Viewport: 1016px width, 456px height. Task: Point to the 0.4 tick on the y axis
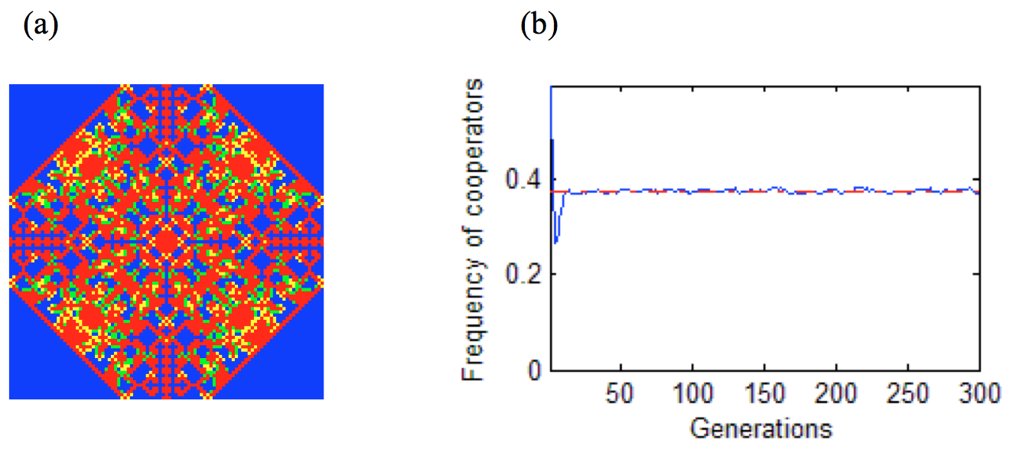pyautogui.click(x=523, y=181)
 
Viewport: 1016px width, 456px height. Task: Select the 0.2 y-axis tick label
pyautogui.click(x=523, y=275)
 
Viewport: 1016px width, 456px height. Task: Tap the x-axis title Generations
pyautogui.click(x=760, y=428)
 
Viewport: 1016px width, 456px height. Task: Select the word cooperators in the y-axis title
pyautogui.click(x=474, y=152)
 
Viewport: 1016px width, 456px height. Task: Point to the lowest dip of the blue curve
pyautogui.click(x=555, y=243)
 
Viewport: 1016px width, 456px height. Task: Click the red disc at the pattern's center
pyautogui.click(x=166, y=242)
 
